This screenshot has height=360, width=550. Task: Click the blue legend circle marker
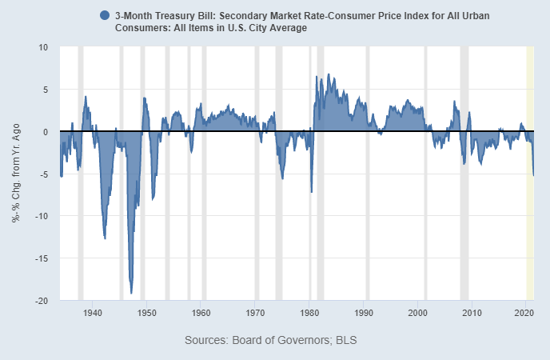(105, 15)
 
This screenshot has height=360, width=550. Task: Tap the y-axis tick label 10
(43, 47)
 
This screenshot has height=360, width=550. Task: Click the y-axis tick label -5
(43, 174)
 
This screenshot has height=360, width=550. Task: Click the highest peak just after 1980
(317, 76)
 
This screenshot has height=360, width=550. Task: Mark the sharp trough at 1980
(311, 192)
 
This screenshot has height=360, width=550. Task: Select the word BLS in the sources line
(345, 341)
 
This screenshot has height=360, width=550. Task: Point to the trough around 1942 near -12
(105, 238)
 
